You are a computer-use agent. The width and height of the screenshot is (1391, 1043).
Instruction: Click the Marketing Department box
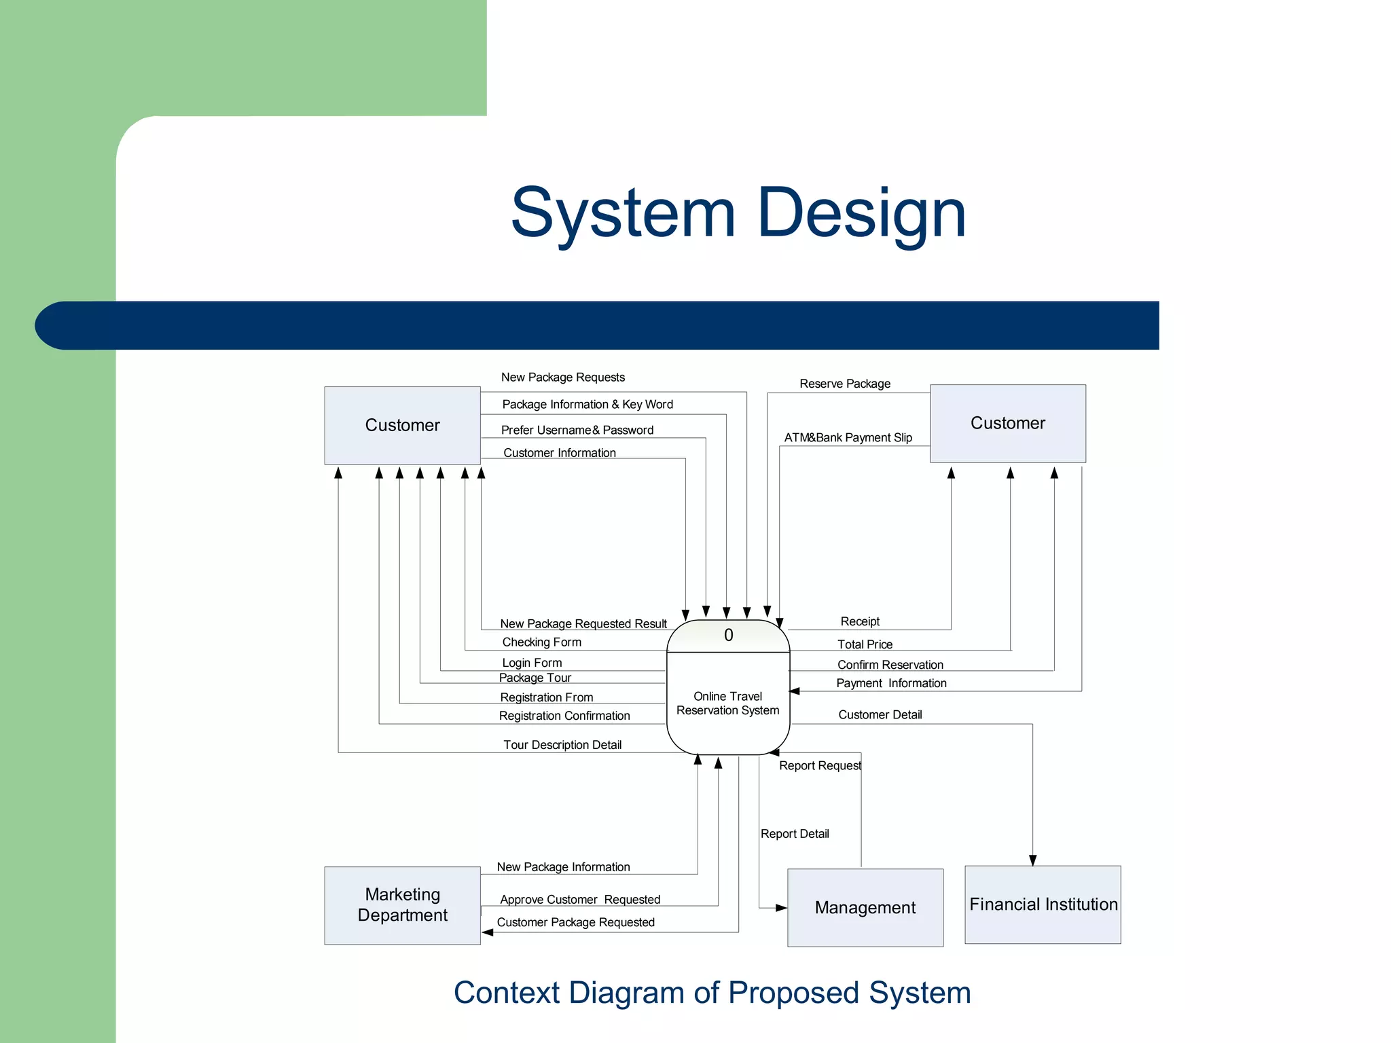402,905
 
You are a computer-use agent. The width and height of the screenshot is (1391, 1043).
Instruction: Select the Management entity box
865,907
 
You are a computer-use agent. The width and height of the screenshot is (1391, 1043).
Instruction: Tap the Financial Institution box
1043,904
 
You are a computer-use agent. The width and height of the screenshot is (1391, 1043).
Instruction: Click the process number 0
728,636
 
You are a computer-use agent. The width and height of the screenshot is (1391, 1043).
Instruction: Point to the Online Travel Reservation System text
727,703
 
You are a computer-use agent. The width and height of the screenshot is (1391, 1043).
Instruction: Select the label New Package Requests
562,378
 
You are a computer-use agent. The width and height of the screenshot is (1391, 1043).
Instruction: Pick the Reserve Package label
844,384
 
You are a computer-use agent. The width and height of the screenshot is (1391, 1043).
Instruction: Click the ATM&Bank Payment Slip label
848,438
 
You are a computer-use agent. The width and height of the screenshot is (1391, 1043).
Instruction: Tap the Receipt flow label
859,621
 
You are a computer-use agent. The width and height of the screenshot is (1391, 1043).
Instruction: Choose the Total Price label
865,644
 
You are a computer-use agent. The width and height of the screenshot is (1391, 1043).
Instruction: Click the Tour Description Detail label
562,745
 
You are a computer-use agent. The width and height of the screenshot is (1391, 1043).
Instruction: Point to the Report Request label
820,766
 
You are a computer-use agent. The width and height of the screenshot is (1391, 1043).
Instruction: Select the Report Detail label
795,834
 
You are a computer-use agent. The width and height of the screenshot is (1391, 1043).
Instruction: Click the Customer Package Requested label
575,922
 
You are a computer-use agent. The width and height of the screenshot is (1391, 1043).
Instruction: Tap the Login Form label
532,663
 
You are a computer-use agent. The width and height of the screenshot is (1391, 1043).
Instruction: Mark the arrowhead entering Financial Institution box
1032,860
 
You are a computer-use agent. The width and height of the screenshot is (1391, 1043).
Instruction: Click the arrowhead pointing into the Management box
781,908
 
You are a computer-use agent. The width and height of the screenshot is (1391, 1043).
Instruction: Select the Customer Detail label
880,714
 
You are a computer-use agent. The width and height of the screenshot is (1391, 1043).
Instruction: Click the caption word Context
506,993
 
